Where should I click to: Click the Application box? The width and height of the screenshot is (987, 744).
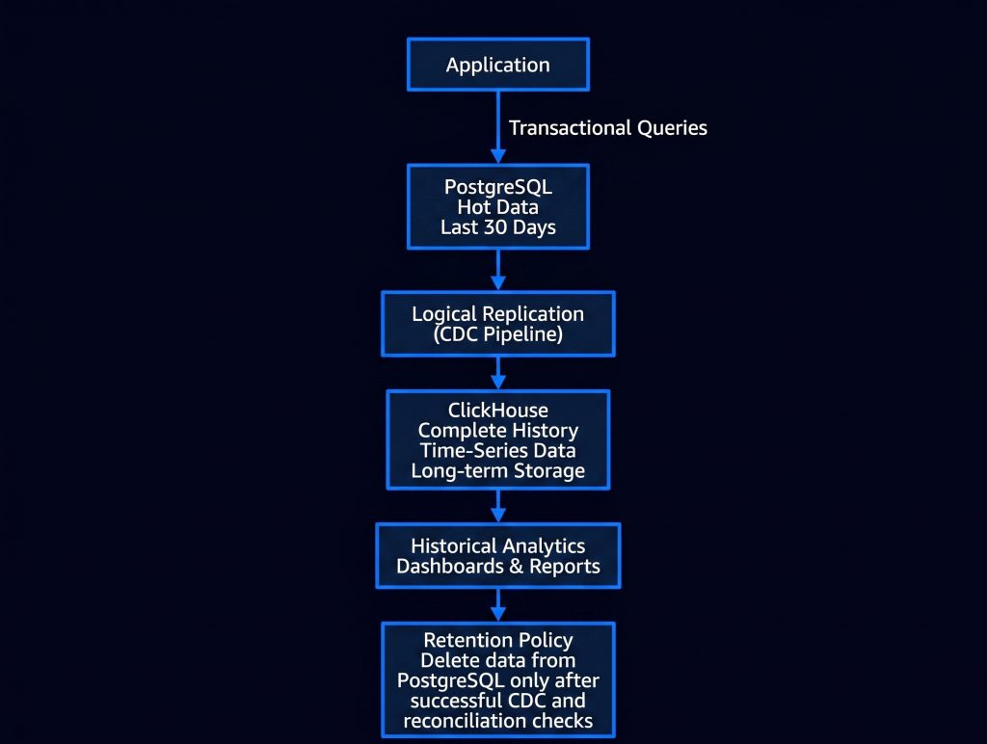point(498,65)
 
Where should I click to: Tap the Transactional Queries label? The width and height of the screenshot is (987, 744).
point(608,128)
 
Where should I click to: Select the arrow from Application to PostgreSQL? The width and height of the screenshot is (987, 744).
point(498,127)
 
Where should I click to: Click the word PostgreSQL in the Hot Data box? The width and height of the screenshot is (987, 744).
point(498,187)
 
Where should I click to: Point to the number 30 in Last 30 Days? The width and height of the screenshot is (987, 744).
point(495,227)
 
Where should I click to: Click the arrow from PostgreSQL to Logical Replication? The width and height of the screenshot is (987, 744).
point(498,270)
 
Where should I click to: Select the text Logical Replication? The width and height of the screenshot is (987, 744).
point(498,313)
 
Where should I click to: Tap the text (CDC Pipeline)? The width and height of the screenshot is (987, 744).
point(498,334)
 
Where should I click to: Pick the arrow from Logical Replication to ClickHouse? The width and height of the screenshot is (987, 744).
point(498,373)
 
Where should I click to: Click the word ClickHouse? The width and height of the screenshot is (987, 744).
point(498,411)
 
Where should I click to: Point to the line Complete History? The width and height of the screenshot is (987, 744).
point(498,431)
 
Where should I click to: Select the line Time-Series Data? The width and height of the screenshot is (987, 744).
point(498,451)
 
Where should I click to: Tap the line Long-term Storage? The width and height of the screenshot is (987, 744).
point(498,471)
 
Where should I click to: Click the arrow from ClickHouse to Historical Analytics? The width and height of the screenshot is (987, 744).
point(498,505)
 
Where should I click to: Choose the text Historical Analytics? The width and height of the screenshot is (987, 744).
point(498,545)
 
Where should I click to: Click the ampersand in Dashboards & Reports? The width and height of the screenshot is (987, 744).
point(517,567)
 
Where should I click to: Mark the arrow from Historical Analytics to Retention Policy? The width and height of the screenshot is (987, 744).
point(498,605)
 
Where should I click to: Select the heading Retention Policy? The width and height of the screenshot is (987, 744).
point(498,640)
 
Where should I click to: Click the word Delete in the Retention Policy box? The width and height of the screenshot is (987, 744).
point(446,660)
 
